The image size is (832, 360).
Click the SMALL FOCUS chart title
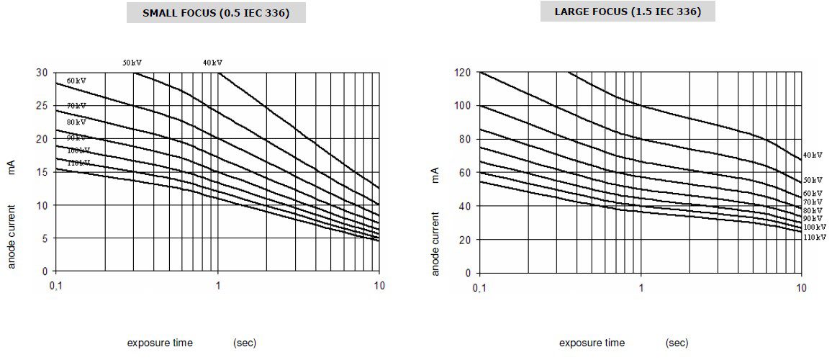216,13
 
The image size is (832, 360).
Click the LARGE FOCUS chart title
628,12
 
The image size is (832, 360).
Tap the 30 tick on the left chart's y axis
42,73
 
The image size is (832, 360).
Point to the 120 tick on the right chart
463,73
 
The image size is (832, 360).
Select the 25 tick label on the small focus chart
42,106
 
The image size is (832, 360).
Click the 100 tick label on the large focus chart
463,106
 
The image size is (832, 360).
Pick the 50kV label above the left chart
132,63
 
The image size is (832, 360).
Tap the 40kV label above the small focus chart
212,63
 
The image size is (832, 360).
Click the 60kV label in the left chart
76,81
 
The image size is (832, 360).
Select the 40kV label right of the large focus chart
813,155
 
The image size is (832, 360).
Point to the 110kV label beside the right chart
815,236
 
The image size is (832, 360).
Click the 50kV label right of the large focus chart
813,179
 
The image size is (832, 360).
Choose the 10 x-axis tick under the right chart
801,287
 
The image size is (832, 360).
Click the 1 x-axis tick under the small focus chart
218,286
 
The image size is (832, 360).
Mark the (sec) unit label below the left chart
245,343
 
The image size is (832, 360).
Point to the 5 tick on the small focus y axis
45,238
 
